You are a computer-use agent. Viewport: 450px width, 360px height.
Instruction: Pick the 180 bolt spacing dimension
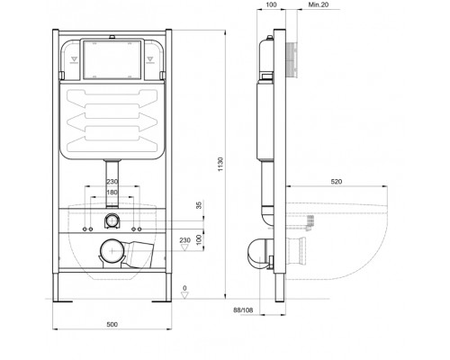[112, 191]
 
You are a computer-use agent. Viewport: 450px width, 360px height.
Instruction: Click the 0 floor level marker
[185, 288]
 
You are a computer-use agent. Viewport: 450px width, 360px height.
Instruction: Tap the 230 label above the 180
[112, 182]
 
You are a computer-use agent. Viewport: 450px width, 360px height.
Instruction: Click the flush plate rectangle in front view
[112, 58]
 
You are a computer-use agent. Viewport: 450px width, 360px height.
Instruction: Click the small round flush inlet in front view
[112, 220]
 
